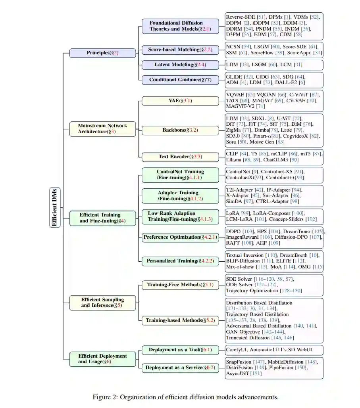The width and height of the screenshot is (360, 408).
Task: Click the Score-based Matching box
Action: [x=180, y=50]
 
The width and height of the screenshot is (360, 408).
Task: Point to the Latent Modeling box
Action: [x=180, y=64]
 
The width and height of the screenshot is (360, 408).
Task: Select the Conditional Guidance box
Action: [x=180, y=80]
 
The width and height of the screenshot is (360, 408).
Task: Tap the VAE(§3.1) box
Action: [x=180, y=101]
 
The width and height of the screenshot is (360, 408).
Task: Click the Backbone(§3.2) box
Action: [x=180, y=130]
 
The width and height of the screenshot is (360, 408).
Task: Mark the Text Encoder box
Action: [x=180, y=157]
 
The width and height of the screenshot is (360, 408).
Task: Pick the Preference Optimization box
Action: [x=180, y=237]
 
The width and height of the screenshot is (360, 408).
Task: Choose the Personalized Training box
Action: [x=180, y=261]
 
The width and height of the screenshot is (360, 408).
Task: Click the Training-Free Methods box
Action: [x=180, y=285]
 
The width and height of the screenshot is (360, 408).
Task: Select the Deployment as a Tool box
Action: [x=180, y=350]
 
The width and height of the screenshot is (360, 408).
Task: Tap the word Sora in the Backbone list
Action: [x=232, y=142]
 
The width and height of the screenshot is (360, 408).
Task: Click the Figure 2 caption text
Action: [x=185, y=397]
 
